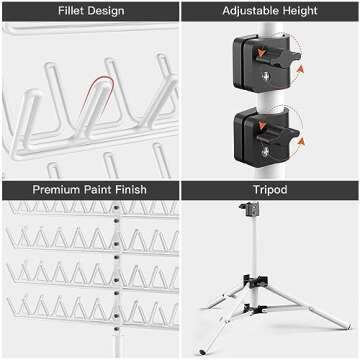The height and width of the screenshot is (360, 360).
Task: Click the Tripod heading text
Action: point(270,188)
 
